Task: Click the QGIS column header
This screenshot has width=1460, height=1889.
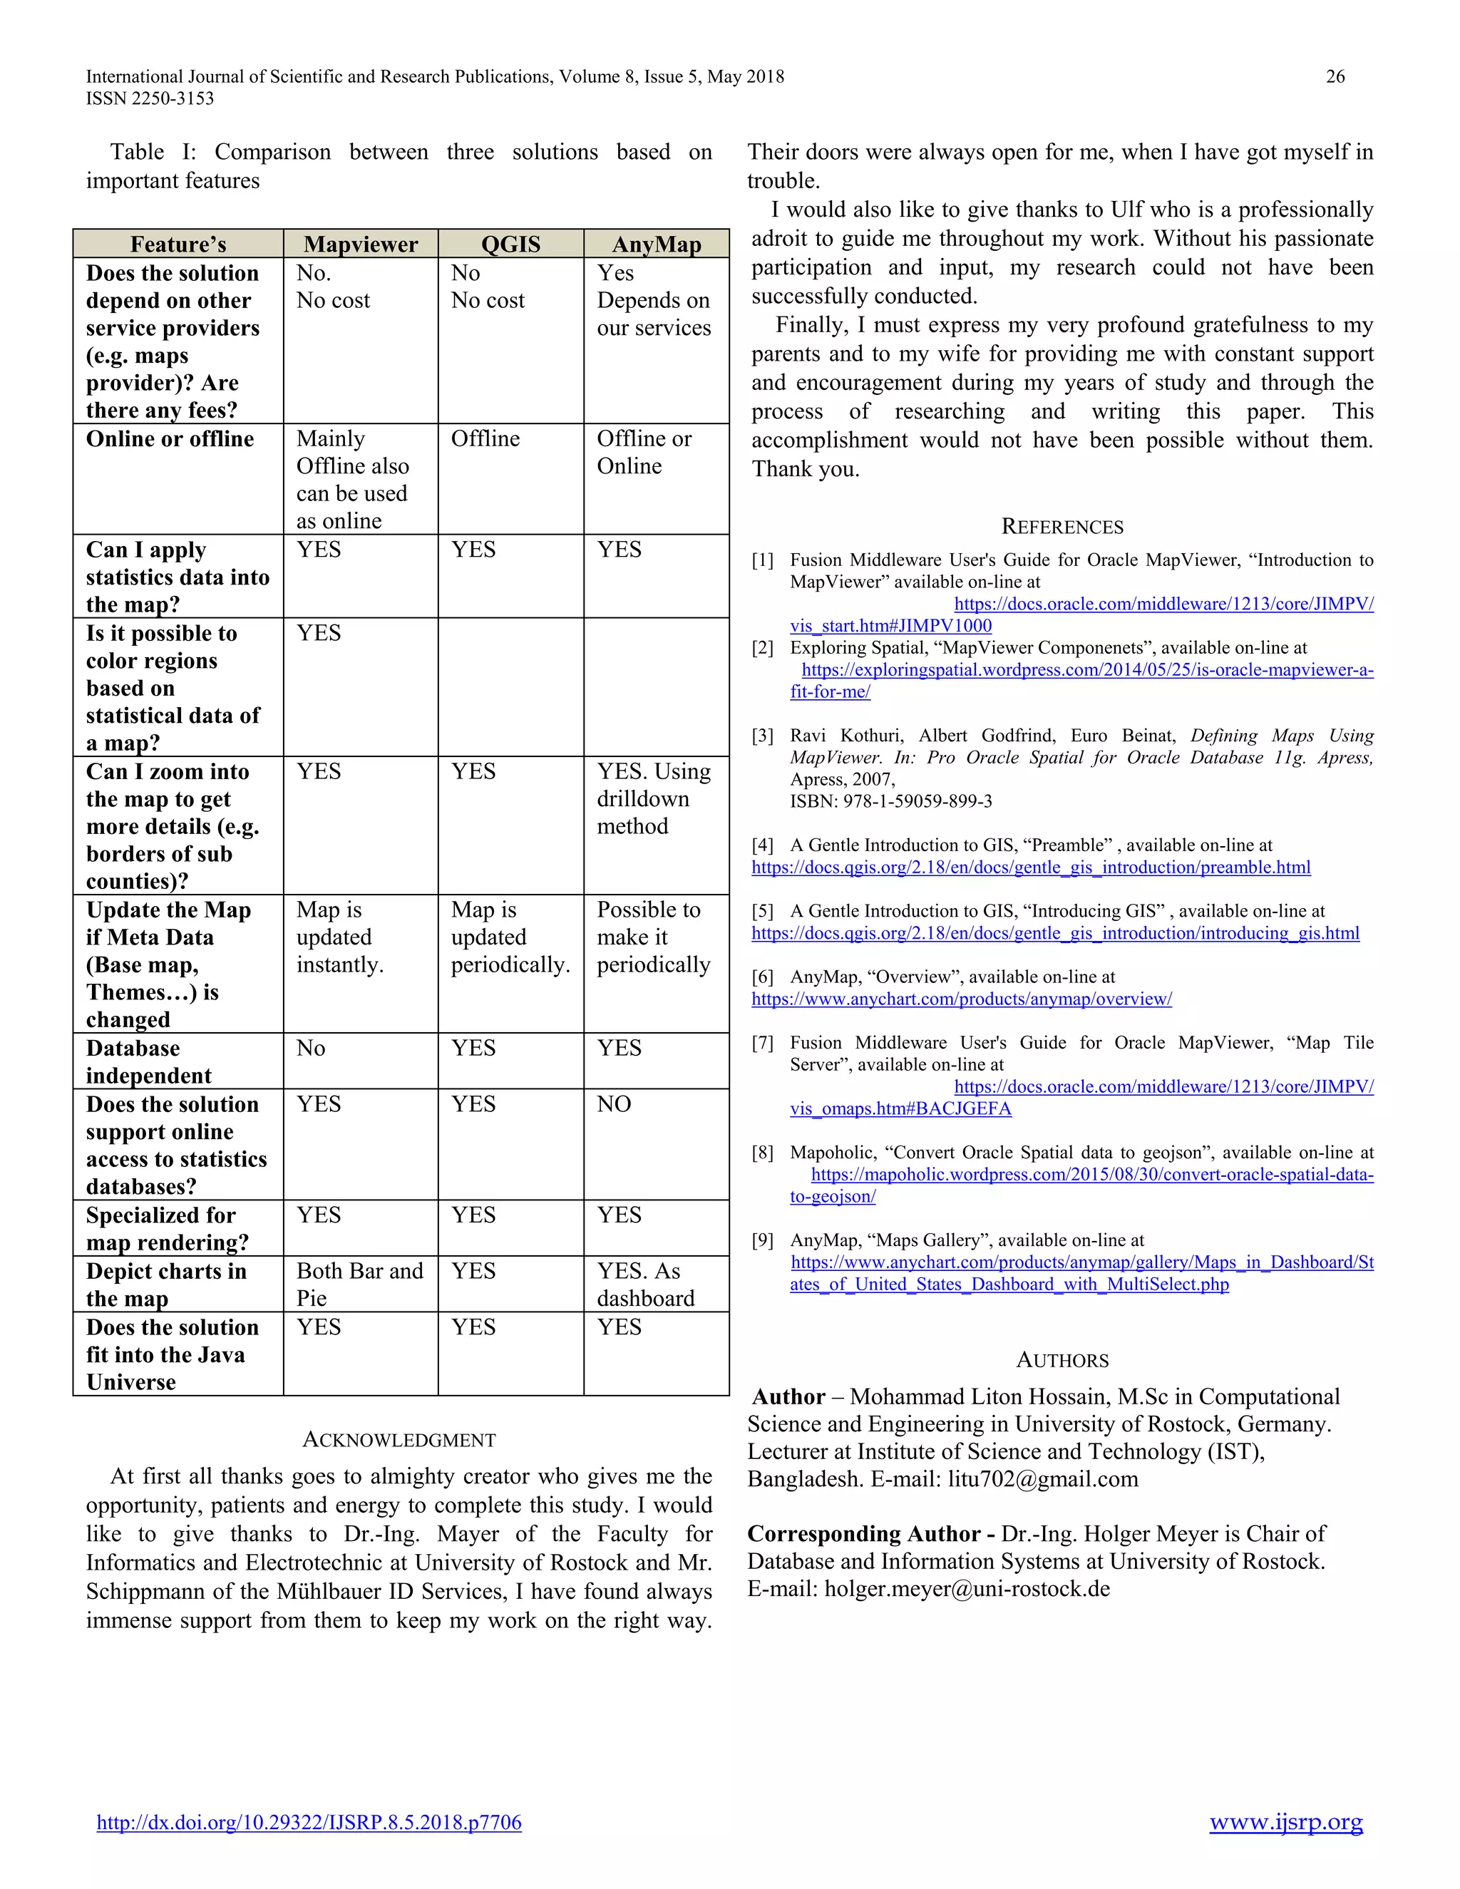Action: (x=510, y=245)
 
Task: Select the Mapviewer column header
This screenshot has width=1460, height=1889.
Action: (x=361, y=245)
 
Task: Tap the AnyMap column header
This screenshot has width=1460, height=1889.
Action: (x=657, y=245)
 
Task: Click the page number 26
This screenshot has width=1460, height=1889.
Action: (x=1335, y=77)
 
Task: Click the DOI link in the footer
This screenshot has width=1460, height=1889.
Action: (x=309, y=1823)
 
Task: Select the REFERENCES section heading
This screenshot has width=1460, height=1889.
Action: (x=1061, y=527)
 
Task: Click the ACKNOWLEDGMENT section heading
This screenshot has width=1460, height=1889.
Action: (x=399, y=1440)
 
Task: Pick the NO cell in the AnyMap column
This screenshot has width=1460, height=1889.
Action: (x=614, y=1104)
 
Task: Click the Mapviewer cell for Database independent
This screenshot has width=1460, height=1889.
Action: (x=312, y=1049)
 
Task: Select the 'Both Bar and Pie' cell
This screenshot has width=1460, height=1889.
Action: (x=359, y=1285)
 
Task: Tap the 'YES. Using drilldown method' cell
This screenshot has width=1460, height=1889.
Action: (x=653, y=798)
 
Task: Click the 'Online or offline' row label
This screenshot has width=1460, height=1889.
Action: (x=170, y=439)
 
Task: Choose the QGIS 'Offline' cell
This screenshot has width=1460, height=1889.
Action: (x=485, y=439)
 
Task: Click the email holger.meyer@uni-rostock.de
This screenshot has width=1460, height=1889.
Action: (x=966, y=1589)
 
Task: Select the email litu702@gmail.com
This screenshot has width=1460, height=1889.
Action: (x=1042, y=1479)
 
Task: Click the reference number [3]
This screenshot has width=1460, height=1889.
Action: (x=762, y=736)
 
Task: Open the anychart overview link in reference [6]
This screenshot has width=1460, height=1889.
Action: (x=961, y=999)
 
